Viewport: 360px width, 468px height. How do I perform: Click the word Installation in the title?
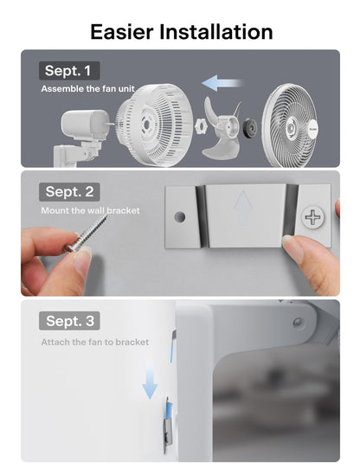point(216,32)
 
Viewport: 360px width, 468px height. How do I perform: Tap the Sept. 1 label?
point(69,71)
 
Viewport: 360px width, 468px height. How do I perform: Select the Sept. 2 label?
point(69,192)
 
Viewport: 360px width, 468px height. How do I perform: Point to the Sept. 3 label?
point(69,321)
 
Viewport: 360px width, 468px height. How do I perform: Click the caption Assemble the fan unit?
point(88,88)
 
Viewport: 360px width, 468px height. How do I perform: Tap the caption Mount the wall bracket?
point(91,210)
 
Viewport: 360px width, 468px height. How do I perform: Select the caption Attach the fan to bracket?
point(95,342)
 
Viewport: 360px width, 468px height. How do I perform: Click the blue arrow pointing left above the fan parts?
point(222,83)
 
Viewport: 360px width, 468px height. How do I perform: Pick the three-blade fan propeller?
point(220,128)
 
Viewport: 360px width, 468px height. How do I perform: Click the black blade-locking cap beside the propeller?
point(249,128)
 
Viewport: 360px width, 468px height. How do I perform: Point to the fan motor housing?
point(85,125)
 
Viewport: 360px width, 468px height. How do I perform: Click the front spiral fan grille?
point(290,125)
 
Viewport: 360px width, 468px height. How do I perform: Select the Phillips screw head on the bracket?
point(312,217)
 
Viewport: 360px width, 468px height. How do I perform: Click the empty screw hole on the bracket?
point(180,217)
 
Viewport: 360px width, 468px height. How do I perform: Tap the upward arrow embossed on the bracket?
point(243,208)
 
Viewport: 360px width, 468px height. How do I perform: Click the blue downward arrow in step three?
point(150,380)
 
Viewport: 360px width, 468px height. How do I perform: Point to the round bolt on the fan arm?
point(298,322)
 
